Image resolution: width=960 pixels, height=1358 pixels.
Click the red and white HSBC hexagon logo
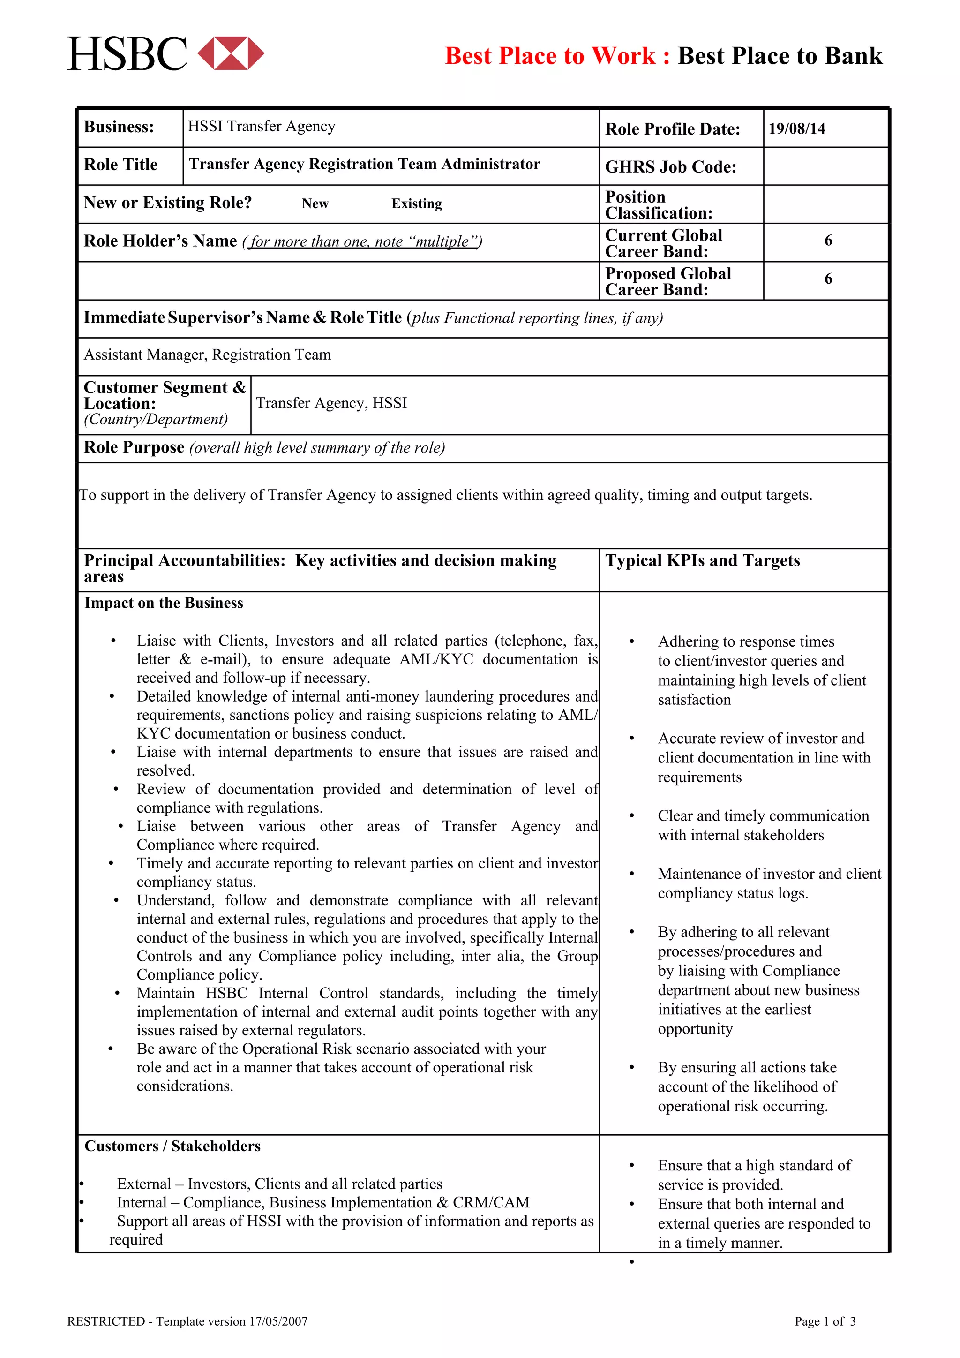(231, 53)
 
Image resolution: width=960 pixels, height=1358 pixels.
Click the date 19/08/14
(796, 129)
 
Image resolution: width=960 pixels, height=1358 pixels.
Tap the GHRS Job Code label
(670, 167)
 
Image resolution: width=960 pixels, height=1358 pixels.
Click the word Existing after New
(416, 204)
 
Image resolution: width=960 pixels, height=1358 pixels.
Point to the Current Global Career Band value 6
(828, 241)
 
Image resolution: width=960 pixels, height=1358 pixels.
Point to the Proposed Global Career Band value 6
(828, 279)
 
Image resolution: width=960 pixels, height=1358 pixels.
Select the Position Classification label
(659, 204)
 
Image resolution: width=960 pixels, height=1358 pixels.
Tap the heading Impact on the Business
(164, 603)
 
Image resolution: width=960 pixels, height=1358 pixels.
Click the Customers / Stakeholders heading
(172, 1146)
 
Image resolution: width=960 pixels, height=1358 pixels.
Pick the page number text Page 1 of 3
(825, 1321)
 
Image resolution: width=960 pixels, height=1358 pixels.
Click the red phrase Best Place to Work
(550, 56)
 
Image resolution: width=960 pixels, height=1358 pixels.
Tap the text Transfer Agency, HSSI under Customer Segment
(331, 403)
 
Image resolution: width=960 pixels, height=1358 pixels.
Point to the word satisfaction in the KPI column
(694, 700)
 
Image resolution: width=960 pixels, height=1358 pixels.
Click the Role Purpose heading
(134, 447)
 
